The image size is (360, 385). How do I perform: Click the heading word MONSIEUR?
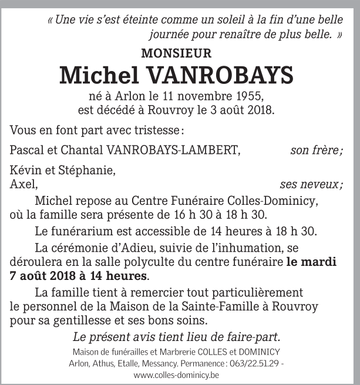click(176, 53)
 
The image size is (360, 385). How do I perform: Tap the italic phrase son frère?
click(317, 150)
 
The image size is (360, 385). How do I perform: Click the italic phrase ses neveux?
click(312, 185)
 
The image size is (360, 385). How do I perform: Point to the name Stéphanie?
click(90, 171)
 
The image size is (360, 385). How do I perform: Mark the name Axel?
click(23, 185)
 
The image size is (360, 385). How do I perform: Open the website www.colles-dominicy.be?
click(176, 375)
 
